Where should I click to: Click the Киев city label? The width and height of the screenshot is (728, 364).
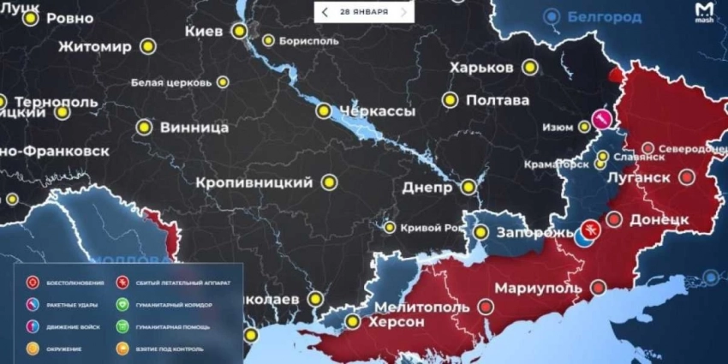coord(204,31)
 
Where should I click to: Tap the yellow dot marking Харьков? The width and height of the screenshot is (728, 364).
coord(530,66)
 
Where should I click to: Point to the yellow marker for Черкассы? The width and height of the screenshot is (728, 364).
coord(324,110)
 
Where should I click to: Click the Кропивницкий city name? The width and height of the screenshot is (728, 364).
coord(254,182)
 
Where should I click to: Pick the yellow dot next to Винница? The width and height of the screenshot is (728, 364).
coord(142,127)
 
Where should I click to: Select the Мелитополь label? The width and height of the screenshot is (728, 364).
coord(421,307)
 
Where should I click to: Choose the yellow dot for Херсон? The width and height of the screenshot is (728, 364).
coord(352,322)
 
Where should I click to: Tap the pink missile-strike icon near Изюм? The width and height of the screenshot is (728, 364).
coord(602,116)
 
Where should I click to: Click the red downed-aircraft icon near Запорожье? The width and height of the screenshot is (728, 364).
coord(588,229)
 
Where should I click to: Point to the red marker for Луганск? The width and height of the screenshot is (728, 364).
coord(686,177)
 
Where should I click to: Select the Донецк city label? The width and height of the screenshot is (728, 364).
coord(659,219)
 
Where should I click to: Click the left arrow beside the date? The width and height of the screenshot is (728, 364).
coord(325,12)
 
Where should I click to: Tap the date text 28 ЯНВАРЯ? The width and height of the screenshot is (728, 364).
coord(363,12)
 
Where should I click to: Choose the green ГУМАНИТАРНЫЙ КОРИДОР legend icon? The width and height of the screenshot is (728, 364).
coord(125,304)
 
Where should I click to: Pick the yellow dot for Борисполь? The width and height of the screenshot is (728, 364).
coord(269,39)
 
